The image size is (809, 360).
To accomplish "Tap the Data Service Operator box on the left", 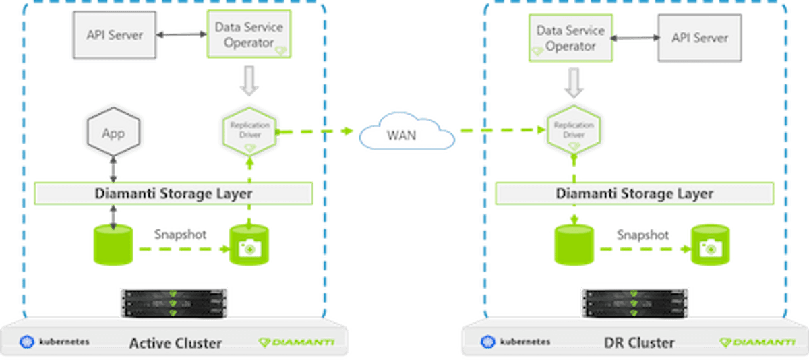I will pos(249,35).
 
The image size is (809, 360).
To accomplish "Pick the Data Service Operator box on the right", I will pos(570,38).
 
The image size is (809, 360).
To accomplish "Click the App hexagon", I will pos(113,133).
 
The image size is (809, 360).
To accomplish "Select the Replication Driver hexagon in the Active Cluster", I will pos(250,130).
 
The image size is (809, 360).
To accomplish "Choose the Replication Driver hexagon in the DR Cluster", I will pos(573,130).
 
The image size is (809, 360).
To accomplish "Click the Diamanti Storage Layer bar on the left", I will pos(174,193).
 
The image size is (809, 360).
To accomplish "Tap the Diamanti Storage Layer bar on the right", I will pos(634,193).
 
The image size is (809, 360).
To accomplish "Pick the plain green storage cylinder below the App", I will pos(113,245).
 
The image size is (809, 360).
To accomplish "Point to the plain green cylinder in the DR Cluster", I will pos(573,246).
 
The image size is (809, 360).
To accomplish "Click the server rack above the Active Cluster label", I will pos(174,304).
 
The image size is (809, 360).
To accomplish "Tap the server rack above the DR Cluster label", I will pos(635,304).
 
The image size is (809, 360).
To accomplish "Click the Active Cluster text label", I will pos(175,343).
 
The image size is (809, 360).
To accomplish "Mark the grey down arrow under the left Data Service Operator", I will pos(249,84).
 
